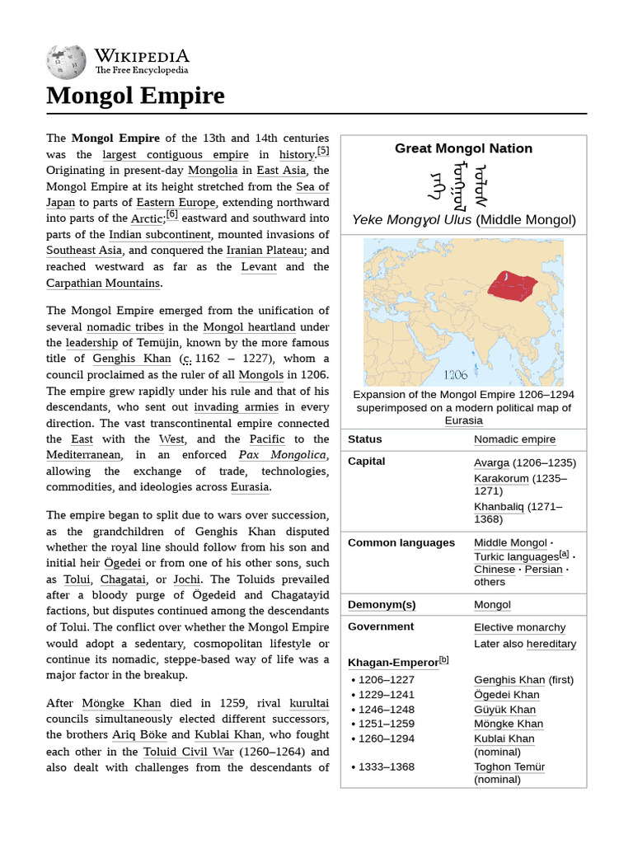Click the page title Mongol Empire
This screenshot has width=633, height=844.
pos(135,96)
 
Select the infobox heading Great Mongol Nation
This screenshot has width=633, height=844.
pos(463,148)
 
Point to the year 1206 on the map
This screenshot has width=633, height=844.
pos(455,374)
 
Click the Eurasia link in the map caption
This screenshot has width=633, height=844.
pos(463,420)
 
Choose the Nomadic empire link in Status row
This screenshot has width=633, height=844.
pos(514,439)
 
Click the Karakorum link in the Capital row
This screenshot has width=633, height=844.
pos(501,479)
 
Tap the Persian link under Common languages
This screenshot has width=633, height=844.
pos(542,570)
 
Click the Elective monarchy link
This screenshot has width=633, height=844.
pos(519,627)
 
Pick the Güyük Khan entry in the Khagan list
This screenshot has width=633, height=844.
pos(504,710)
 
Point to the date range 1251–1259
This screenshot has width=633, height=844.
pos(387,724)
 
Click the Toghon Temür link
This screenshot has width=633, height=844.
pos(509,767)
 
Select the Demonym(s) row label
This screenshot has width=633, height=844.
pos(382,604)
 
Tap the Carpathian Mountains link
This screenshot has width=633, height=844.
pos(103,283)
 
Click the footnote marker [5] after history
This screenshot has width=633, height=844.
pos(323,151)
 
